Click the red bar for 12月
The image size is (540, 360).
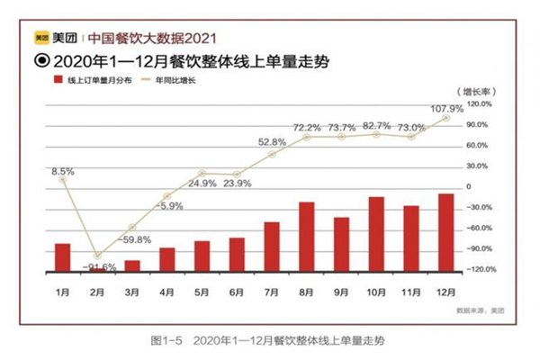click(x=445, y=232)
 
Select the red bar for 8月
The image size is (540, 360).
click(x=307, y=237)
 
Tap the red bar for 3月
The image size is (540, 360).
click(x=132, y=265)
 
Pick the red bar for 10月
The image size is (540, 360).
click(x=376, y=234)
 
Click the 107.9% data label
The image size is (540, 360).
click(x=445, y=109)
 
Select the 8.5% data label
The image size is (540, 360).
click(x=63, y=171)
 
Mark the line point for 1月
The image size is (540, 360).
click(x=63, y=179)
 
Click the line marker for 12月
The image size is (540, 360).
click(x=445, y=117)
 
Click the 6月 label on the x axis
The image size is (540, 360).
click(x=238, y=293)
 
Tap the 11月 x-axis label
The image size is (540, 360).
click(x=411, y=293)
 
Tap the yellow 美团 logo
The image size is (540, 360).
click(x=41, y=38)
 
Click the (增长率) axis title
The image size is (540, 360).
click(x=474, y=92)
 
